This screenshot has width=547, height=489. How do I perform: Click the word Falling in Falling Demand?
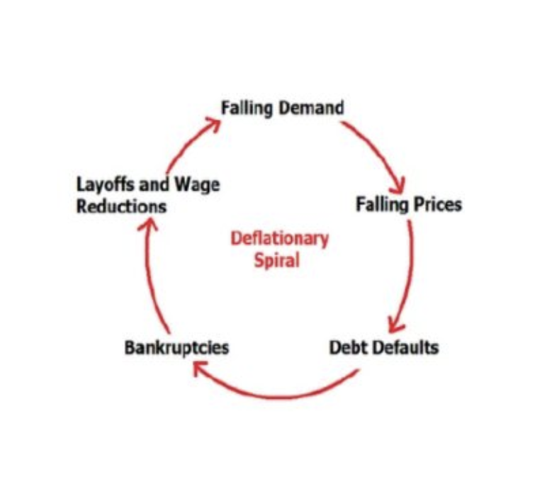tap(244, 108)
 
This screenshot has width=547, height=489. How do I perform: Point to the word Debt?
tap(348, 348)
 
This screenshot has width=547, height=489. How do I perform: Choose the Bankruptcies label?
tap(176, 348)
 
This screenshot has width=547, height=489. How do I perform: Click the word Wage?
tap(198, 186)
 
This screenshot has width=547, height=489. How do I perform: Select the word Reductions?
tap(121, 207)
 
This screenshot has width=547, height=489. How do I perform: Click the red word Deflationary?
tap(279, 238)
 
